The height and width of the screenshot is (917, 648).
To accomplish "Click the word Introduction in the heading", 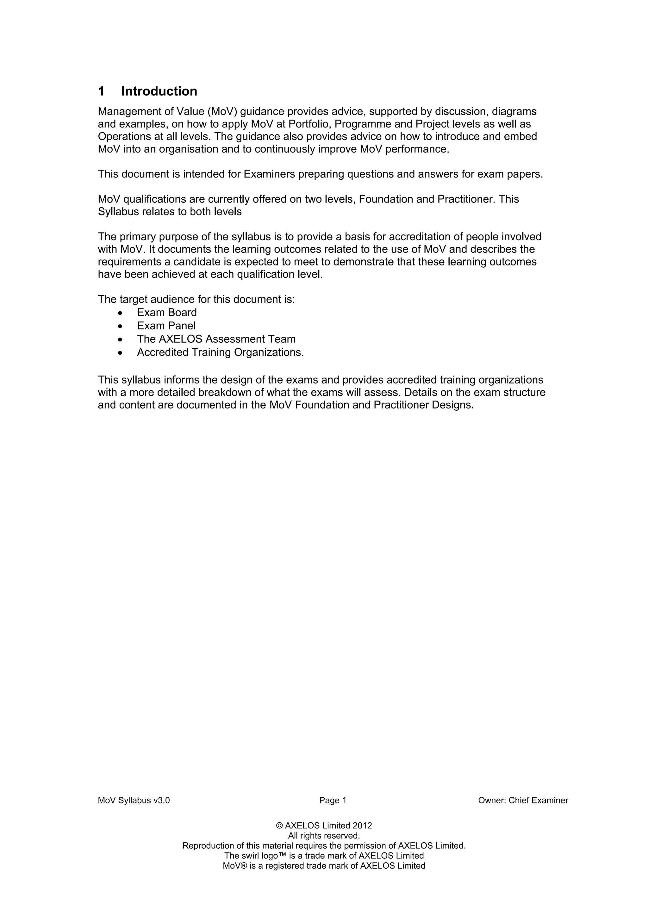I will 159,91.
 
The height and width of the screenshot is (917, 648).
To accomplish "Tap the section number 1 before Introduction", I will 102,91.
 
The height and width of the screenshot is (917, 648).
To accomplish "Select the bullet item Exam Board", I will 167,312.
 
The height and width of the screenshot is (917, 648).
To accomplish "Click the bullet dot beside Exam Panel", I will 120,326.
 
